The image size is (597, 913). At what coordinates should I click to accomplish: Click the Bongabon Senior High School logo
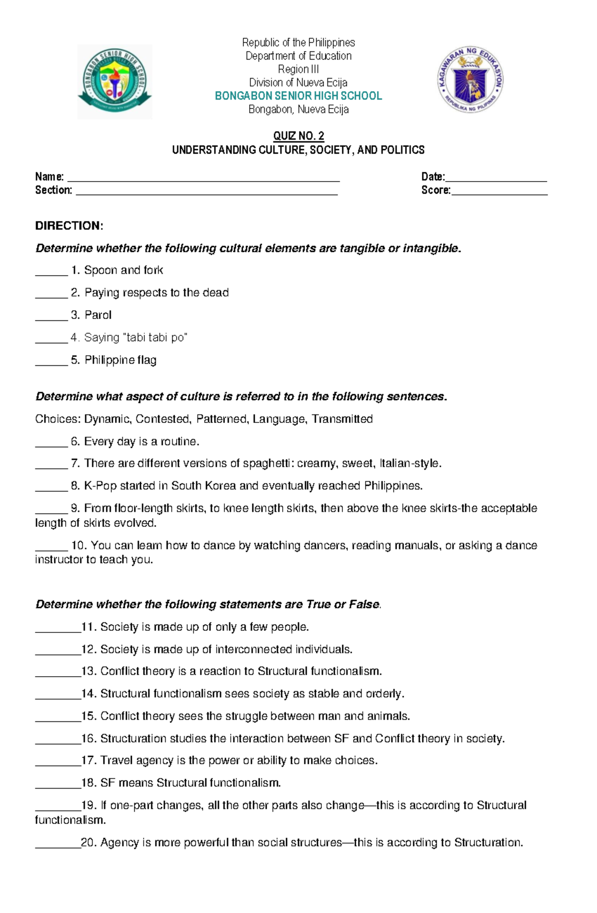click(114, 81)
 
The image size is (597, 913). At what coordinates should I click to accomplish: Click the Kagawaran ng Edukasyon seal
click(470, 80)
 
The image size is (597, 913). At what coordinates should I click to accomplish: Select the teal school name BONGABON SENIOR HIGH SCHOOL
click(298, 96)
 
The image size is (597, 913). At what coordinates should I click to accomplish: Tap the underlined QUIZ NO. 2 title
click(298, 136)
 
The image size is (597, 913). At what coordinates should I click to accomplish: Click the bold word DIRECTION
click(69, 226)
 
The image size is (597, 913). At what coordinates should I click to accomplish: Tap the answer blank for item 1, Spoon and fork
click(51, 273)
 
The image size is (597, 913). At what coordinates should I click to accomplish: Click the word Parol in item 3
click(98, 315)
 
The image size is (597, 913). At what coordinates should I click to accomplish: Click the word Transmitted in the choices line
click(342, 419)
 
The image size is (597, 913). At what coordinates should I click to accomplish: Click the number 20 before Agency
click(88, 842)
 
